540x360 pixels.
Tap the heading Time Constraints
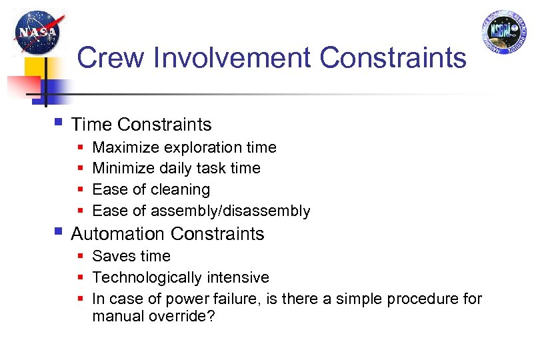(x=141, y=125)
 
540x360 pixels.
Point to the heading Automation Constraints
(x=167, y=234)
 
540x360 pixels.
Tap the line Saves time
(x=131, y=257)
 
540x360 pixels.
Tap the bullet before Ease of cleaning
(x=80, y=190)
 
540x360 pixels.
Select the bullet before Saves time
(x=80, y=257)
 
